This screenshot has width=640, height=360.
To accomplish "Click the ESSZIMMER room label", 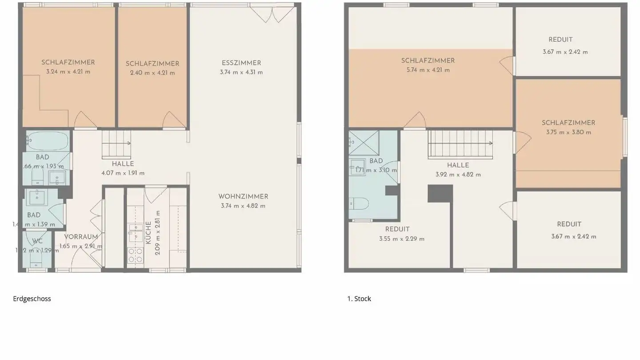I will pyautogui.click(x=241, y=63).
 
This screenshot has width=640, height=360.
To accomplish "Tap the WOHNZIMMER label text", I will pyautogui.click(x=243, y=196).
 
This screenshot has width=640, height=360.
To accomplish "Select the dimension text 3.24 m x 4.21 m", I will pyautogui.click(x=68, y=72).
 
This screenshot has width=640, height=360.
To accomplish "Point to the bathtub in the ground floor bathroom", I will pyautogui.click(x=47, y=141).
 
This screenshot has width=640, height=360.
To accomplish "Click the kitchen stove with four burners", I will pyautogui.click(x=136, y=255).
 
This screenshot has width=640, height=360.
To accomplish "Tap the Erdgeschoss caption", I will pyautogui.click(x=32, y=299).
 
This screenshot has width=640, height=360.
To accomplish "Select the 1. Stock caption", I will pyautogui.click(x=359, y=299).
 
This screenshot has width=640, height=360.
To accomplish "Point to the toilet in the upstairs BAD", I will pyautogui.click(x=359, y=204).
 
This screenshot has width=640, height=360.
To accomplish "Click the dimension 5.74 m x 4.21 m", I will pyautogui.click(x=428, y=70).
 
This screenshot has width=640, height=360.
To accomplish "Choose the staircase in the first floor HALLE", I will pyautogui.click(x=460, y=144).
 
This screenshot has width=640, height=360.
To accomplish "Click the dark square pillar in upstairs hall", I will pyautogui.click(x=440, y=193).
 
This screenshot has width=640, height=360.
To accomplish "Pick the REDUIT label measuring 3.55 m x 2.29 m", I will pyautogui.click(x=397, y=229).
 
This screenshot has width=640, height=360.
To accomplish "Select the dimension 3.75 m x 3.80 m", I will pyautogui.click(x=568, y=132).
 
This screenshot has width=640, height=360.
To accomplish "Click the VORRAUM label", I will pyautogui.click(x=81, y=237).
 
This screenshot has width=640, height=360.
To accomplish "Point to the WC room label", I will pyautogui.click(x=37, y=241).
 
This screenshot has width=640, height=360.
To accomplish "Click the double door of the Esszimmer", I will pyautogui.click(x=272, y=13).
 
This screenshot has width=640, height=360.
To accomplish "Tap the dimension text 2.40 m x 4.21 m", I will pyautogui.click(x=152, y=73).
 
